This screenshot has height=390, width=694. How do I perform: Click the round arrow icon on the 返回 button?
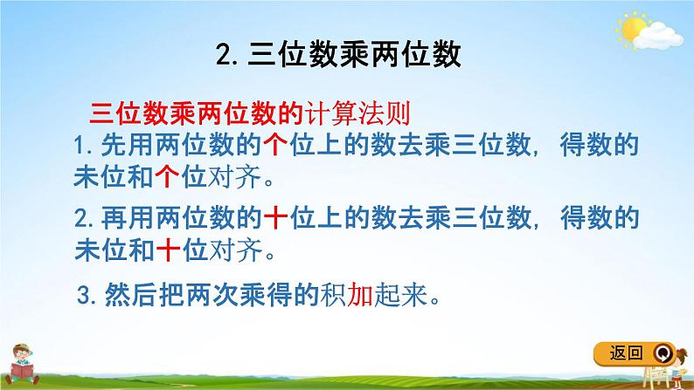[x=665, y=353]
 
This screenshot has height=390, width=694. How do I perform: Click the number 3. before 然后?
[x=87, y=298]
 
